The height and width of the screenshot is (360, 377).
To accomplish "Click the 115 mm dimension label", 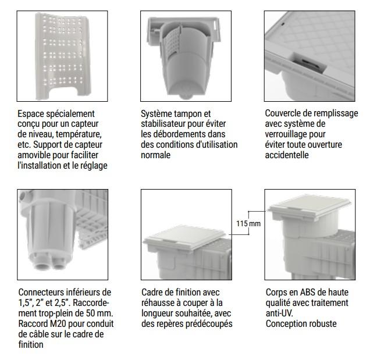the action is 248,224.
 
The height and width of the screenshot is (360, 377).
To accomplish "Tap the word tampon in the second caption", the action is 188,113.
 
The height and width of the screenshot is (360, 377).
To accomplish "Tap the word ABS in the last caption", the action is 308,292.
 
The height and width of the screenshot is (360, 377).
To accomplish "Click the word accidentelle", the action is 287,155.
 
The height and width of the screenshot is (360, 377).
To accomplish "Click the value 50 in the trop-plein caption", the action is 91,313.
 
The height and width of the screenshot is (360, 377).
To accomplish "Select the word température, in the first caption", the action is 79,134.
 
